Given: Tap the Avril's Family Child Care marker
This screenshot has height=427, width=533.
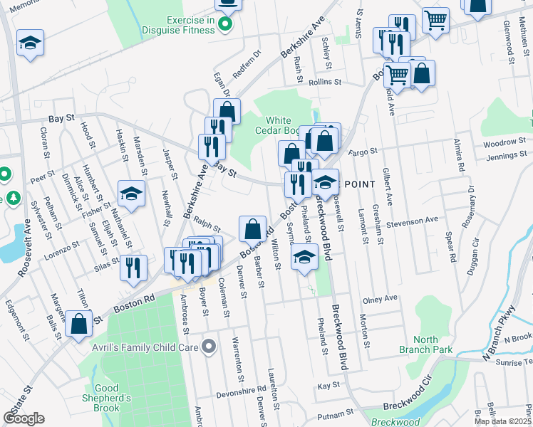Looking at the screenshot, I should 208,347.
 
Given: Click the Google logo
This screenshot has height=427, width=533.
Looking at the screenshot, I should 24,418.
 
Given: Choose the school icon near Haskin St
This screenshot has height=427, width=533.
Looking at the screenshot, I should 132,194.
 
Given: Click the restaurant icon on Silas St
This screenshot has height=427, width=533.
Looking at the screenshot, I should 133,268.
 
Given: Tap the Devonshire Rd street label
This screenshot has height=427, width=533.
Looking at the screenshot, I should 242,391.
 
